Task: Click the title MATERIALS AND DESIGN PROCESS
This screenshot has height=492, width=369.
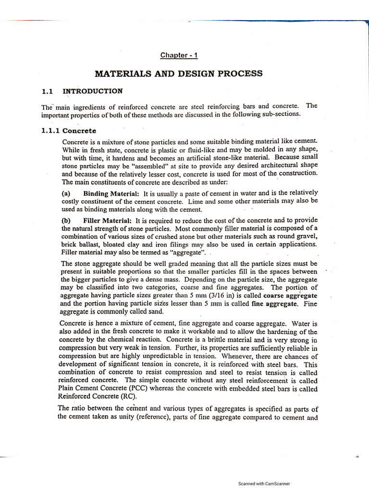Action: tap(178, 74)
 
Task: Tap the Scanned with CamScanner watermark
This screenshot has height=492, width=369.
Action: tap(264, 483)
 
